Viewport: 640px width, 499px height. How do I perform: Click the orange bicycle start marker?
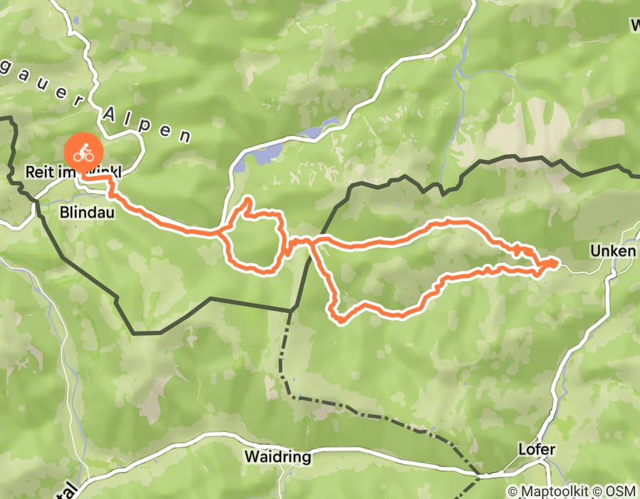point(84,153)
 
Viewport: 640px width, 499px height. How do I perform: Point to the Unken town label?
point(607,252)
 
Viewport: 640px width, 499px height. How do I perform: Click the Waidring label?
point(277,456)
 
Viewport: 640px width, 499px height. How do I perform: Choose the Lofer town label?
point(538,450)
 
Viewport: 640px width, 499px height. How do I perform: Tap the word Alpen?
point(147,124)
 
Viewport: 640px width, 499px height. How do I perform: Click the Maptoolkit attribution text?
point(557,491)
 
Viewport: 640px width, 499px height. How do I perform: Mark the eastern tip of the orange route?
point(555,264)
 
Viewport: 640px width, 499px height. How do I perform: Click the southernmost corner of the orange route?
point(339,321)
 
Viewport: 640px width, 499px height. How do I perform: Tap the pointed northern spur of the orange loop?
point(248,201)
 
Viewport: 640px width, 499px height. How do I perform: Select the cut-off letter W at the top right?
point(634,26)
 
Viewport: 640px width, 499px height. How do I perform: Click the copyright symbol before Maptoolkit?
point(512,491)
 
